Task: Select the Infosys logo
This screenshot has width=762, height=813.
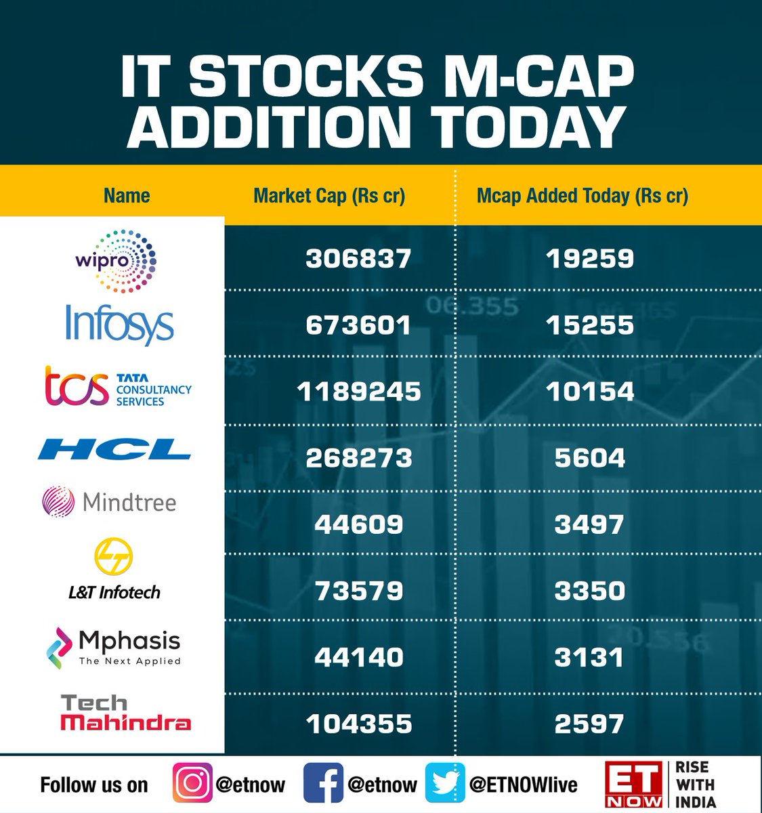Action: click(x=119, y=325)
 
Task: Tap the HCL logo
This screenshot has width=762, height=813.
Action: click(x=114, y=449)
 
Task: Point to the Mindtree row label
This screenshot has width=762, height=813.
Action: click(x=110, y=502)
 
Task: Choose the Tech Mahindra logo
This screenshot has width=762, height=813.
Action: click(x=125, y=713)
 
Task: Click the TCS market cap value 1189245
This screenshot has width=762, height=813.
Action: click(x=358, y=392)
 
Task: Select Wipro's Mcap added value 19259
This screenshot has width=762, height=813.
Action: click(x=589, y=259)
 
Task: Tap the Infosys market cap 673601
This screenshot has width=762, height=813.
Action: click(x=358, y=325)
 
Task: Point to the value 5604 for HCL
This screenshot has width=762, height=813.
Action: click(x=589, y=458)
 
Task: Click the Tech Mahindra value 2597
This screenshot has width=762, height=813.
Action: click(x=589, y=724)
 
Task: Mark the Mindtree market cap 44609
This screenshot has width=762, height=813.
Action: click(x=358, y=524)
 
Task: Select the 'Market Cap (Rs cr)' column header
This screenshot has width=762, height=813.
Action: click(x=329, y=196)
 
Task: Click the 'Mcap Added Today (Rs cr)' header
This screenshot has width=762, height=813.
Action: click(x=583, y=196)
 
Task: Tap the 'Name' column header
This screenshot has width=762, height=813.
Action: click(x=127, y=196)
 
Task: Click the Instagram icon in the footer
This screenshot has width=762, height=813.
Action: click(x=192, y=783)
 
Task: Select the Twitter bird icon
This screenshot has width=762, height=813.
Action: click(x=445, y=783)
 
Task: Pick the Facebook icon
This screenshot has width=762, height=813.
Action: click(x=322, y=783)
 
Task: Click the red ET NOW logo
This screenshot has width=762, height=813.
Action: click(x=634, y=785)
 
